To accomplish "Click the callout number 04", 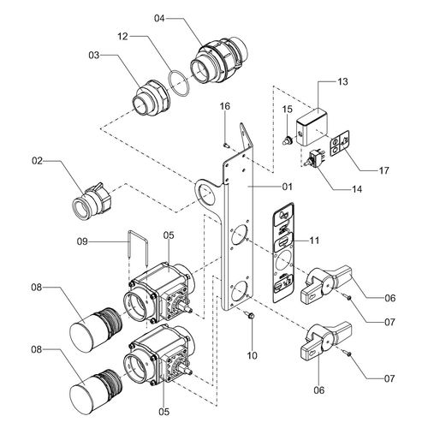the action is point(159,19).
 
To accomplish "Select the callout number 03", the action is point(94,56).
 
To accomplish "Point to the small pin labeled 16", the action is point(226,146).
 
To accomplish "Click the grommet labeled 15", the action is point(288,140).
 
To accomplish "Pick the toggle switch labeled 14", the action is point(312,158).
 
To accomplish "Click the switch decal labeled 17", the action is point(340,143).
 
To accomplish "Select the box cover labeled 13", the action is point(312,128).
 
